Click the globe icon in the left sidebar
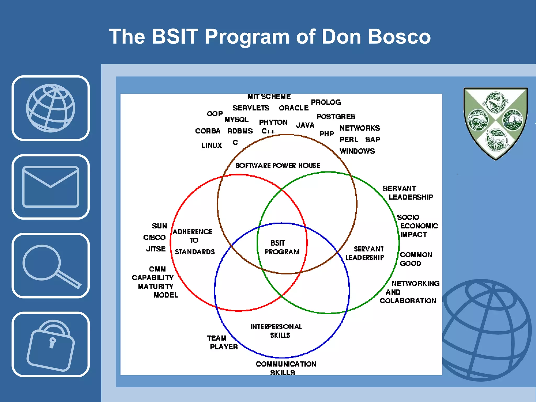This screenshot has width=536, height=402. click(51, 108)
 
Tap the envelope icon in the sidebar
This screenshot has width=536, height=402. click(51, 187)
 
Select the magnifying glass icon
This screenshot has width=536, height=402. click(51, 266)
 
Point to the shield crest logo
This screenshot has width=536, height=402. click(495, 123)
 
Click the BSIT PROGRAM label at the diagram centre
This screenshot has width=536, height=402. click(282, 247)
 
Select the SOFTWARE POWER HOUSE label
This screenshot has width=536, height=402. click(278, 165)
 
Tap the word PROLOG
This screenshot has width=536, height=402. click(326, 102)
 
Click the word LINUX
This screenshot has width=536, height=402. click(211, 145)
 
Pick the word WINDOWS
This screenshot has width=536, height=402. click(357, 151)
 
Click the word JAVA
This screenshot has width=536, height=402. click(305, 125)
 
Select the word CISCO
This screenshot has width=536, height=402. click(154, 237)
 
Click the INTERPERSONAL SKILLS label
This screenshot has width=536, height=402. click(277, 331)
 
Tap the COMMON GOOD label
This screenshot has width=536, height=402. click(416, 259)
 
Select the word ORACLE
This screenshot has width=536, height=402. click(294, 108)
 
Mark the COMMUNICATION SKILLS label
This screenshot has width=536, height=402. click(286, 368)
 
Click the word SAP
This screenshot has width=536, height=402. click(372, 139)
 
